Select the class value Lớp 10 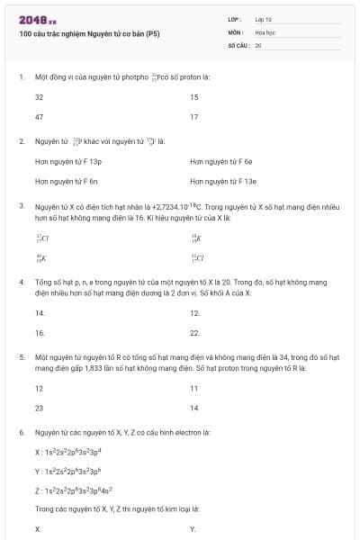point(264,18)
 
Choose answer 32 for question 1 point(39,96)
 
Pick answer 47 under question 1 point(39,117)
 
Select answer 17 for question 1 point(194,117)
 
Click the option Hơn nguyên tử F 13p point(68,162)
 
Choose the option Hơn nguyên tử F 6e point(221,162)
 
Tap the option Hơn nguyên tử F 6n point(67,182)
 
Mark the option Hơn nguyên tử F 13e point(223,182)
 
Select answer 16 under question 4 point(39,333)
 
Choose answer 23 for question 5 point(39,409)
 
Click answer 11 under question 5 point(194,389)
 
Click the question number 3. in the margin point(21,206)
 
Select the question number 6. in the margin point(21,432)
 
